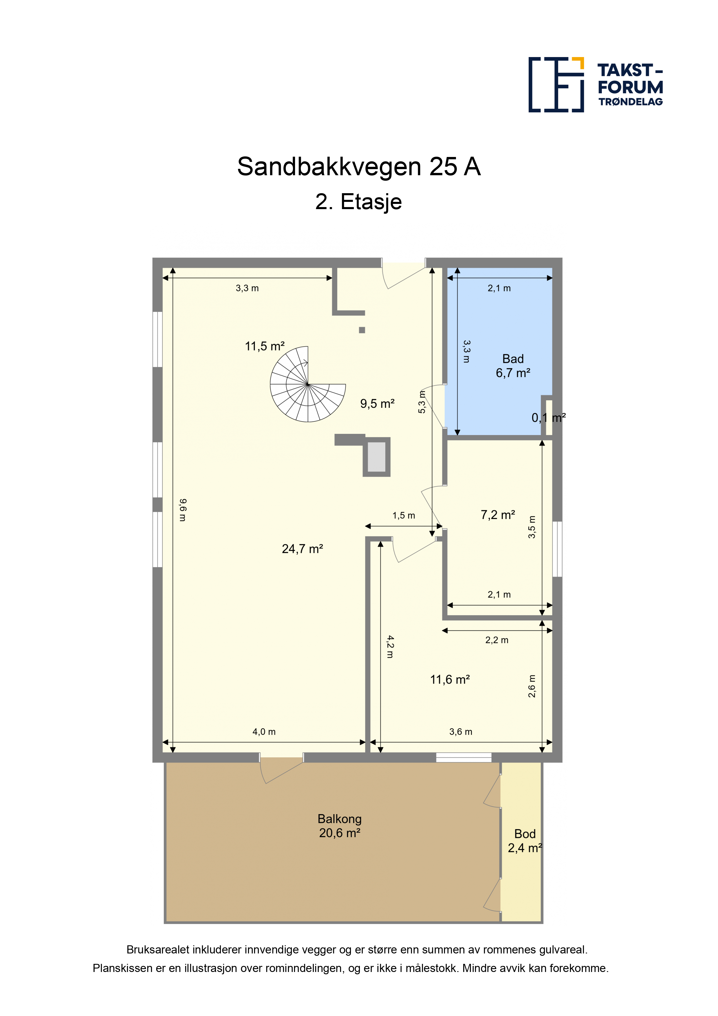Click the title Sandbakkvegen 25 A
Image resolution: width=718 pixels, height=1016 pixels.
(359, 167)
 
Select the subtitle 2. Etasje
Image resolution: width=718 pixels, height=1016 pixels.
(358, 202)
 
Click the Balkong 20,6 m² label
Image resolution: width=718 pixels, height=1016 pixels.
(340, 826)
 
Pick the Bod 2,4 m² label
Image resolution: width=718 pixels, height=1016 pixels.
(525, 841)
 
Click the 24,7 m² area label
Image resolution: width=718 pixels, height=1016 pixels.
(303, 549)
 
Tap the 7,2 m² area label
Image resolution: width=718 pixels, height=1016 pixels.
(498, 515)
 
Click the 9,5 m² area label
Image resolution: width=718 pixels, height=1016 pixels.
(377, 403)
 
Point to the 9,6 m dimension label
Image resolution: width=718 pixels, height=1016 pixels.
(183, 510)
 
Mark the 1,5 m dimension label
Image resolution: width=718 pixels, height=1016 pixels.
(404, 516)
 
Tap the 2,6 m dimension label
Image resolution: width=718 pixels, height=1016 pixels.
(532, 686)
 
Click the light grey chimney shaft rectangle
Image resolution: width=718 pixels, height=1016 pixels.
(376, 457)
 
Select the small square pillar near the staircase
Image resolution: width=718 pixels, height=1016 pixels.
(362, 330)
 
